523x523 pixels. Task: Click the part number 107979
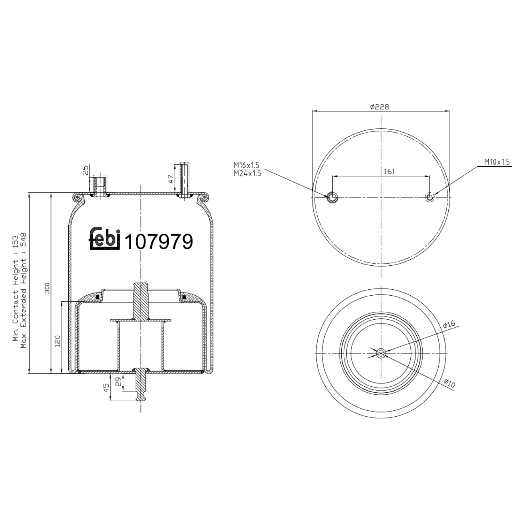(x=159, y=242)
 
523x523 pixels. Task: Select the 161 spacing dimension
(x=389, y=172)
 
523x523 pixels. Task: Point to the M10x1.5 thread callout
(x=497, y=162)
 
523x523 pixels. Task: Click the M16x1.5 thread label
(x=247, y=165)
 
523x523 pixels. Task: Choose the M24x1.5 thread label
(x=247, y=173)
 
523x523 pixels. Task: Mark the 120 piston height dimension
(x=58, y=340)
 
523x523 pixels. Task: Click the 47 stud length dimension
(x=170, y=179)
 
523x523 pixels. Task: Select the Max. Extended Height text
(x=24, y=290)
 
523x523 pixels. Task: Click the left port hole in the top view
(x=332, y=197)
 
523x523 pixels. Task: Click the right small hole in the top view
(x=430, y=197)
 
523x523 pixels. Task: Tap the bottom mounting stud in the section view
(x=141, y=384)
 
